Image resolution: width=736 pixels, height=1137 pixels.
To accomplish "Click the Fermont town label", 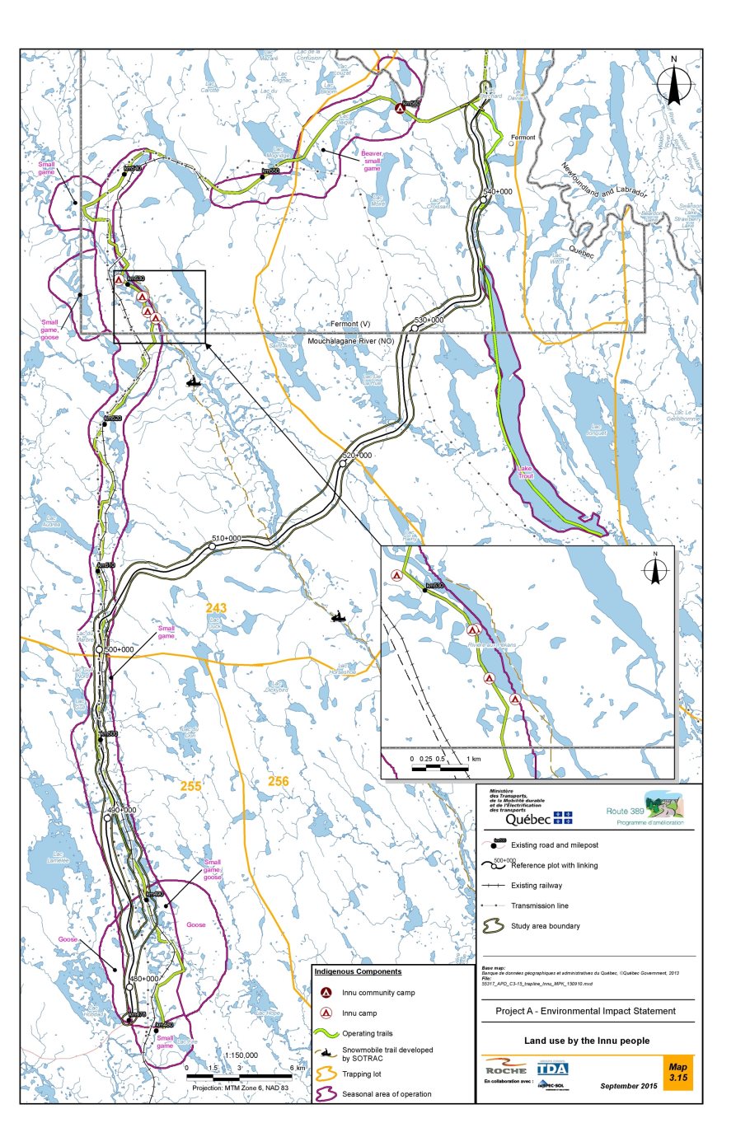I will tap(523, 138).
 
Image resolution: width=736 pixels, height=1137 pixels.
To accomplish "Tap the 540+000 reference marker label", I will tap(497, 191).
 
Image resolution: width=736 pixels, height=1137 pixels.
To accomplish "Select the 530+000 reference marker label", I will tap(429, 320).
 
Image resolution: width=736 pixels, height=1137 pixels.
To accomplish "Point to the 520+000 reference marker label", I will tap(357, 455).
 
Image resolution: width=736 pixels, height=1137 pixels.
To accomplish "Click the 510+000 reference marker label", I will tap(227, 538).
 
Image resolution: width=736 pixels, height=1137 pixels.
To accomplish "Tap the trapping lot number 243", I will tap(216, 608).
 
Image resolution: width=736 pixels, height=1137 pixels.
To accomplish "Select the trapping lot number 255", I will tap(190, 786).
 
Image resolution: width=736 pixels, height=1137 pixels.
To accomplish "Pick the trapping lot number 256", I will tap(279, 781).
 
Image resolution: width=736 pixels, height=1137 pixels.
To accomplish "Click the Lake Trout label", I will tap(525, 472).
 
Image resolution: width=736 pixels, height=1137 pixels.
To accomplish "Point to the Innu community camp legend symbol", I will tap(326, 993).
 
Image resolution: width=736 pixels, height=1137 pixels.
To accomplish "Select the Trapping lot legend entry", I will tap(362, 1074).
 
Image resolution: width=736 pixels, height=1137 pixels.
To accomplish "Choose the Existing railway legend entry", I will tap(537, 886).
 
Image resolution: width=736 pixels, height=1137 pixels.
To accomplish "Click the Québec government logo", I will tap(537, 818).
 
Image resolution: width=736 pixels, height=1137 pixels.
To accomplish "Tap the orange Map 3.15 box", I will tap(677, 1072).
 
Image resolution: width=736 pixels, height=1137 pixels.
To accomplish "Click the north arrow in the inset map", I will tap(655, 569).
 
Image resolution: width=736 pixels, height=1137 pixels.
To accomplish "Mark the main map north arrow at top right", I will tap(673, 82).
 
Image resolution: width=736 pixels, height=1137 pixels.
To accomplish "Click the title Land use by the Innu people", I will tap(586, 1041).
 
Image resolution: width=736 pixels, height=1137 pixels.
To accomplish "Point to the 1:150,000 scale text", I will tap(241, 1055).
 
